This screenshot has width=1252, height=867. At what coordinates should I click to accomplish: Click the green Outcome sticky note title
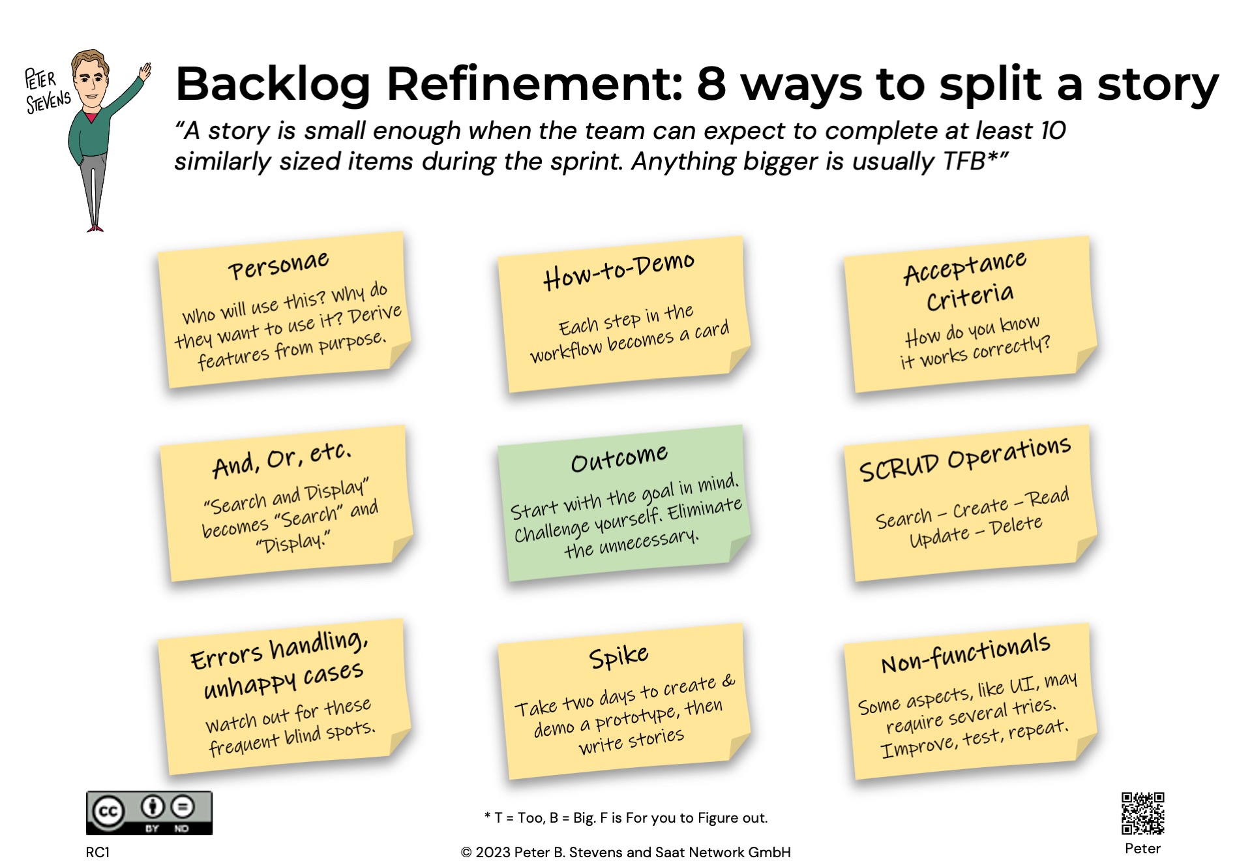point(619,458)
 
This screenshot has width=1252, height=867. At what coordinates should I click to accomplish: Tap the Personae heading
point(278,265)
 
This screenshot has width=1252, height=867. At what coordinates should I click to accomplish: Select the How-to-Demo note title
point(619,270)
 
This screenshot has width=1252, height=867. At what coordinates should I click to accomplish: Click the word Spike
point(619,656)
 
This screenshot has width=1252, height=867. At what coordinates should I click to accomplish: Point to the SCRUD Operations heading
point(965,459)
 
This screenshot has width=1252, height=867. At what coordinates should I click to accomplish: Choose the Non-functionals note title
point(966,652)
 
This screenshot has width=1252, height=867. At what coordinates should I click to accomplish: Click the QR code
point(1142,813)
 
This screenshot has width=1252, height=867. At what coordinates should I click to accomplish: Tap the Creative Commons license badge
point(149,813)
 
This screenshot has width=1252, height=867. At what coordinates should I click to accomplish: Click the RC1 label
point(98,852)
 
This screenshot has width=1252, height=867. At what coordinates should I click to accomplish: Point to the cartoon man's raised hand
point(145,70)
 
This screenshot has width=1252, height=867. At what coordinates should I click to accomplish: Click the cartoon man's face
point(91,83)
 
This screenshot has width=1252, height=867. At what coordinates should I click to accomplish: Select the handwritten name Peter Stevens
point(47,91)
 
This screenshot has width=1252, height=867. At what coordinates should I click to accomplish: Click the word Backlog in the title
point(273,84)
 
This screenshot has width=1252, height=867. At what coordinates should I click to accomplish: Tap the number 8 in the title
point(711,84)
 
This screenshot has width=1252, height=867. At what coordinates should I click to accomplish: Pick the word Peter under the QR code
point(1142,848)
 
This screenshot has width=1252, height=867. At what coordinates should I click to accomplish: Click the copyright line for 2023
point(626,852)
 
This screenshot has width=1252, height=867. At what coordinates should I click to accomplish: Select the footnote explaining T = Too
point(626,817)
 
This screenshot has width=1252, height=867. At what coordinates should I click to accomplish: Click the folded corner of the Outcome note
point(739,547)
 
